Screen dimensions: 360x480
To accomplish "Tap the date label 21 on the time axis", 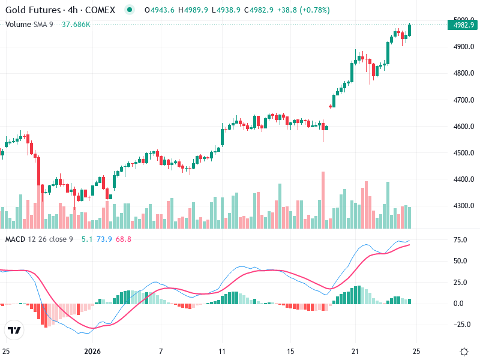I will pos(356,351).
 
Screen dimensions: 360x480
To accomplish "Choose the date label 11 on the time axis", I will pos(223,351).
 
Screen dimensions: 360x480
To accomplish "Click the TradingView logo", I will pos(14,330).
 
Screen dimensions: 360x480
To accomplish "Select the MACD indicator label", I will pos(38,239).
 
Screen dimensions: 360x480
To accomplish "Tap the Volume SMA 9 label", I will pos(29,24).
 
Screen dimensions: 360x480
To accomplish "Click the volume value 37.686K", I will pos(76,24).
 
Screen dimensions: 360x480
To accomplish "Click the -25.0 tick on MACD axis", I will pos(460,325).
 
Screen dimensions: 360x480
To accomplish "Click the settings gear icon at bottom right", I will pos(464,352).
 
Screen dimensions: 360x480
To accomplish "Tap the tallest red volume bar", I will pos(323,200).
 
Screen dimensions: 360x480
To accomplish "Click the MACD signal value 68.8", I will pos(124,239).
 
